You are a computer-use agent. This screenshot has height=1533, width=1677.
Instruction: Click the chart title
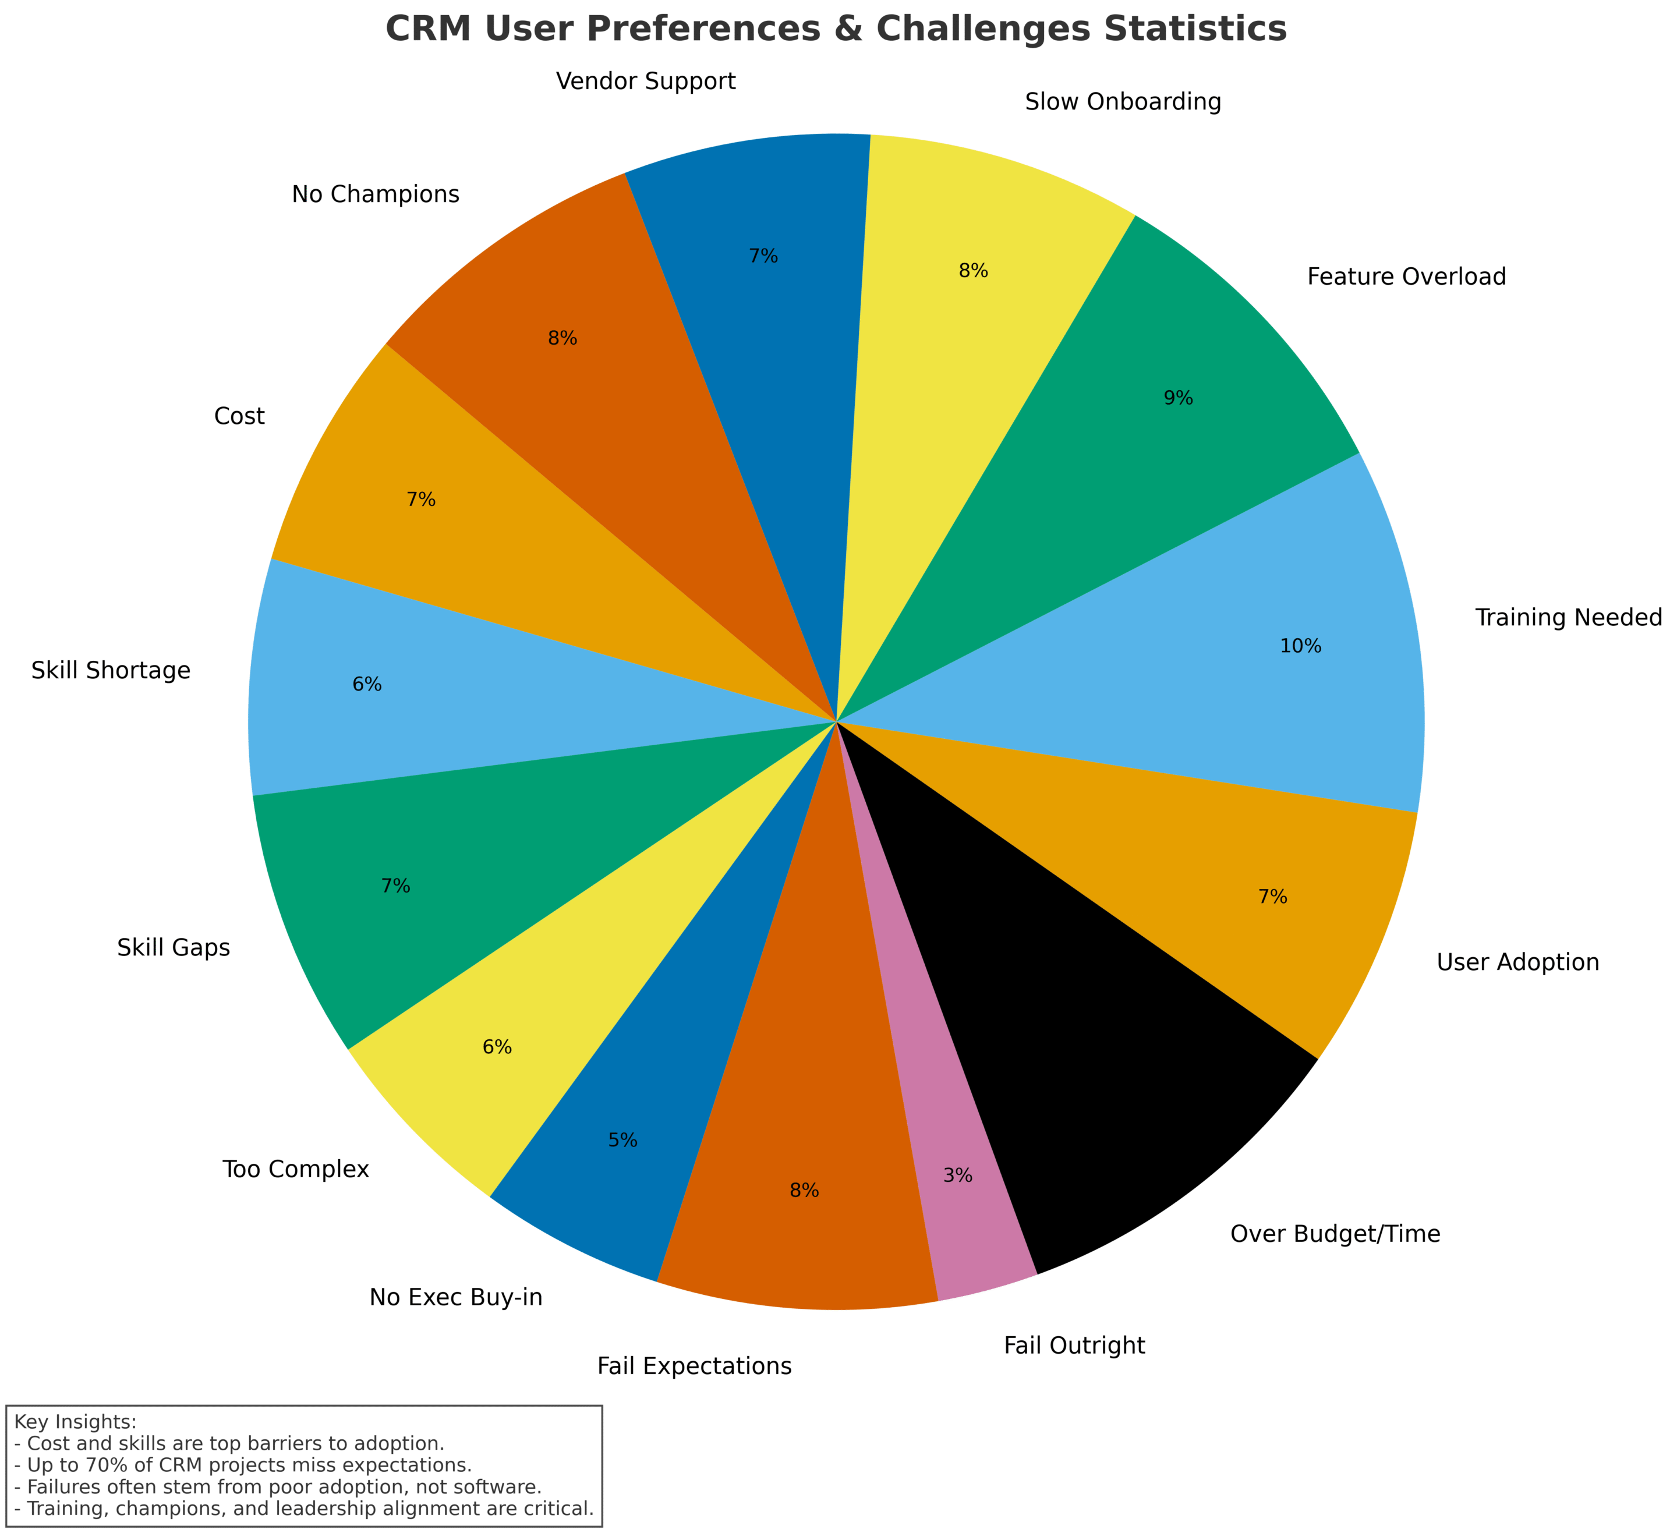[836, 30]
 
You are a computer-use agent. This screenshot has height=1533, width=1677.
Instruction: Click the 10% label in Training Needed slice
[1300, 646]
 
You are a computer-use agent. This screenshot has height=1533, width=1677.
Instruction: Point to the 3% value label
[957, 1176]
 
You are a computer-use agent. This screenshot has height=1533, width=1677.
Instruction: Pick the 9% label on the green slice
[1178, 398]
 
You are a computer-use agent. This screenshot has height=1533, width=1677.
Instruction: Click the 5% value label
[622, 1141]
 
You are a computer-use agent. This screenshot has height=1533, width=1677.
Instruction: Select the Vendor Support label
[646, 82]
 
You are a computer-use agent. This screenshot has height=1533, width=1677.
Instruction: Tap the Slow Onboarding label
[1123, 102]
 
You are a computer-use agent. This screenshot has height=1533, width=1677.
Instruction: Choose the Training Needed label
[1569, 618]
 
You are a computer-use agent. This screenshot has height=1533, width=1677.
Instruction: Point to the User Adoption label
[1517, 962]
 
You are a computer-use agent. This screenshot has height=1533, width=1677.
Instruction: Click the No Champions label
[375, 194]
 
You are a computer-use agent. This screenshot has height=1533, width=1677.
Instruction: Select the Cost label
[239, 416]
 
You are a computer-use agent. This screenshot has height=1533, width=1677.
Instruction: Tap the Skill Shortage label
[111, 670]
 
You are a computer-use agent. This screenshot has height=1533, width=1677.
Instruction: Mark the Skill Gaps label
[174, 947]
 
